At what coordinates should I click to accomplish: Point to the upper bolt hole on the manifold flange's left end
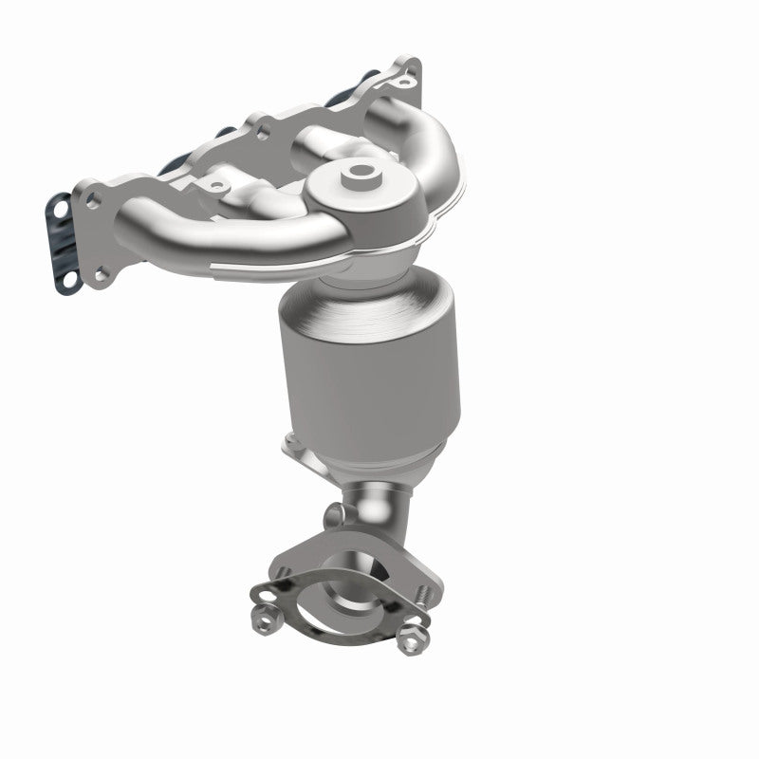(x=93, y=199)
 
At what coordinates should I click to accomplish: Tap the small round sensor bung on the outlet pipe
(x=331, y=515)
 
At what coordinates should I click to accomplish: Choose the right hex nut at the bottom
(x=411, y=638)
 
